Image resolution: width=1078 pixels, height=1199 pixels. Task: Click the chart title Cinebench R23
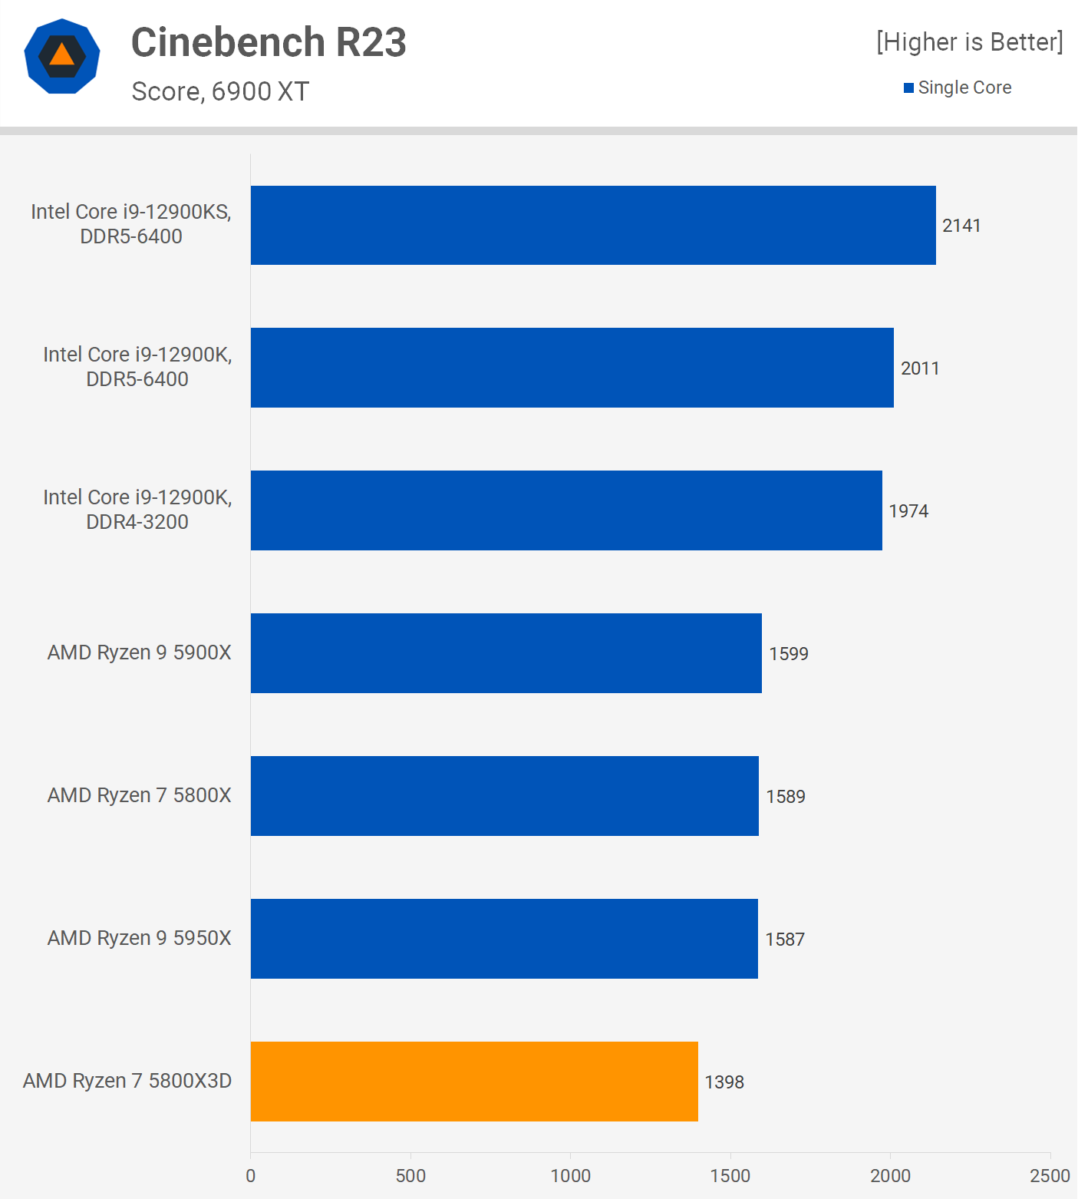(269, 42)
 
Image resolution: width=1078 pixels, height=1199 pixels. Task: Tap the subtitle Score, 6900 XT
(220, 91)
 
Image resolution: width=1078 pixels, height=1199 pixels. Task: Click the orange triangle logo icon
(62, 56)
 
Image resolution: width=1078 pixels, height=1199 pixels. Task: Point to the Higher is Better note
(970, 42)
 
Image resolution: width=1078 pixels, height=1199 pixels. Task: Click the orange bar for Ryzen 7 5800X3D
(474, 1081)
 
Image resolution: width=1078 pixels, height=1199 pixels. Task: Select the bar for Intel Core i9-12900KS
(593, 225)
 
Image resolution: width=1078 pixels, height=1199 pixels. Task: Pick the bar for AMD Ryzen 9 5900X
(506, 653)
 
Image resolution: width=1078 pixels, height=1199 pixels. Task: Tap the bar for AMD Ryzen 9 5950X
(504, 939)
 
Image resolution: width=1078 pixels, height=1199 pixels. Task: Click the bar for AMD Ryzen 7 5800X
(505, 796)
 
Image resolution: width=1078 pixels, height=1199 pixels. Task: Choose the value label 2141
(961, 226)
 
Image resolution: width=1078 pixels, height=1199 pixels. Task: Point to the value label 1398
(724, 1082)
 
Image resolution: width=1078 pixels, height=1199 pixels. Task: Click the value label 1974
(908, 511)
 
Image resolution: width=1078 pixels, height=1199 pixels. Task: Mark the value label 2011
(920, 368)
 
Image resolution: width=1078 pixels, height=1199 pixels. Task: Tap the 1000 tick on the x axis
(570, 1175)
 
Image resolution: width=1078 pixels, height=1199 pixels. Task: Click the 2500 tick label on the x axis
(1049, 1175)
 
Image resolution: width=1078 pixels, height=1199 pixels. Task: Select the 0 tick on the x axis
(250, 1175)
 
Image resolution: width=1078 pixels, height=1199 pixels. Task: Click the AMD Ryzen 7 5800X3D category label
(127, 1081)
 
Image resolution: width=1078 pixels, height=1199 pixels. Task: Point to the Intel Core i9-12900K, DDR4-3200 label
(137, 510)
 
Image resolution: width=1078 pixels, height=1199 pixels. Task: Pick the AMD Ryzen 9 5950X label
(139, 938)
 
